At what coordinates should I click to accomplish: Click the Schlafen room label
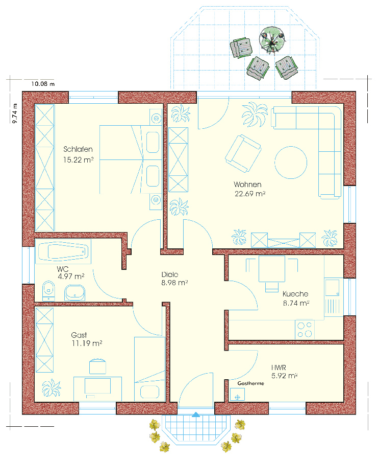(78, 149)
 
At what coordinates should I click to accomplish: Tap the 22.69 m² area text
(250, 194)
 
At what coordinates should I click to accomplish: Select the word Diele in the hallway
(170, 274)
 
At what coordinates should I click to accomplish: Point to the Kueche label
(295, 294)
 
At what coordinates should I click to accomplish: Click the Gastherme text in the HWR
(250, 383)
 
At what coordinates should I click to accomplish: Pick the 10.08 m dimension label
(43, 84)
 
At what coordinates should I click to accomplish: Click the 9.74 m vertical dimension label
(15, 113)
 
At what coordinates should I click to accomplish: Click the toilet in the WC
(48, 291)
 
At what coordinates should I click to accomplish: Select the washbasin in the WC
(74, 293)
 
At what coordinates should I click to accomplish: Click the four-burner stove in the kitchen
(305, 330)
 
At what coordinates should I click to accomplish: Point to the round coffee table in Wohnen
(291, 163)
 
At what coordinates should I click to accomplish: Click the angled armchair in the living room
(243, 153)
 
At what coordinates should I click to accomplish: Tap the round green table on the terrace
(272, 40)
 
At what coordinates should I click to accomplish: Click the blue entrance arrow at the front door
(196, 415)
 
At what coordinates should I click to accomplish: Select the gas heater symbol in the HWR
(237, 394)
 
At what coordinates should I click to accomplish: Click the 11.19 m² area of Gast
(87, 343)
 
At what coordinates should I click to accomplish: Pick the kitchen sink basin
(332, 287)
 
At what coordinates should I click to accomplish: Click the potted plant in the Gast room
(51, 388)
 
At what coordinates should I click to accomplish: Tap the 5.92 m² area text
(284, 376)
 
